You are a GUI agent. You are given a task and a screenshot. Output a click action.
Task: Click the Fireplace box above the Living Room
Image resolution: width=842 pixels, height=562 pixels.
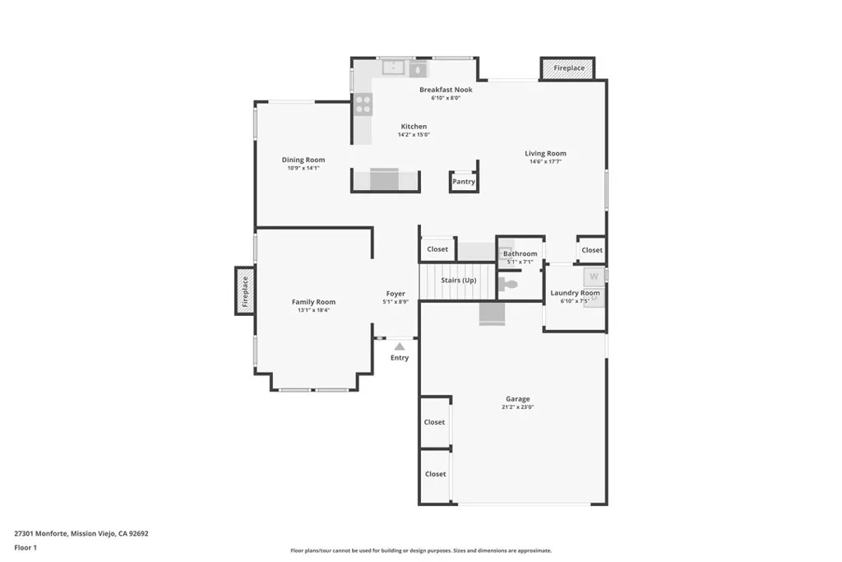pos(568,68)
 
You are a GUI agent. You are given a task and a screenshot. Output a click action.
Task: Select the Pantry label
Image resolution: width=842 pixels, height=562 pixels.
pos(464,182)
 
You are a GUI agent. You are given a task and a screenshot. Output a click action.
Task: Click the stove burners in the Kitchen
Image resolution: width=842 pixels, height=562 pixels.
pos(363,104)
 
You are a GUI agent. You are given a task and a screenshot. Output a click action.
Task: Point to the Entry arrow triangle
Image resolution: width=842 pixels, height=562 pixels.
pos(400,347)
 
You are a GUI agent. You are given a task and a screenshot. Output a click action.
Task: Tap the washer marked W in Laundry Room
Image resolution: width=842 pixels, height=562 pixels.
pos(593,276)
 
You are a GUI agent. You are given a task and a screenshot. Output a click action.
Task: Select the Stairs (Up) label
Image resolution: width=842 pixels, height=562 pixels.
pos(458,281)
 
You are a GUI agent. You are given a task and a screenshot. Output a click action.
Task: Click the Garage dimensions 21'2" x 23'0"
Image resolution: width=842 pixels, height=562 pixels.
pos(518,407)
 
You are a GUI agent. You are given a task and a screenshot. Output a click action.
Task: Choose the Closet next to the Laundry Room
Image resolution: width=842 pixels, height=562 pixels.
pos(592,250)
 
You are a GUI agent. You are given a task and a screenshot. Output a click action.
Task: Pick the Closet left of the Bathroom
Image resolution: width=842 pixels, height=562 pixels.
pos(437,249)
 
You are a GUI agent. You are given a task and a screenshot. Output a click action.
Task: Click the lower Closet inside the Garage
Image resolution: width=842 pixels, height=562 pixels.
pos(435,474)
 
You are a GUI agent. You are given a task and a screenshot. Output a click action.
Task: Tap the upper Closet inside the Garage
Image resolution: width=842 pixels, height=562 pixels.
pos(434,422)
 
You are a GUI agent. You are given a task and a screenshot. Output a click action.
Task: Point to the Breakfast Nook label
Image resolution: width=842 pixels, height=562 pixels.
pos(446,90)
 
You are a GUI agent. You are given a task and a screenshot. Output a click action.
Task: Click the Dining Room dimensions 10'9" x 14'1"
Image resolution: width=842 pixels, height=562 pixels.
pos(303,168)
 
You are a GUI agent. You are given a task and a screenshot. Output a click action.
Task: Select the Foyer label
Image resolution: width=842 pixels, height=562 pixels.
pos(396,294)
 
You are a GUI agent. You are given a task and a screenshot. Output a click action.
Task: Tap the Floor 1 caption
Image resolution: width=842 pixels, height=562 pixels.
pos(25,547)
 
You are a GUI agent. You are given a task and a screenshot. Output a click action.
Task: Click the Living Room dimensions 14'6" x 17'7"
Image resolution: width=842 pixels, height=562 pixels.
pos(546,161)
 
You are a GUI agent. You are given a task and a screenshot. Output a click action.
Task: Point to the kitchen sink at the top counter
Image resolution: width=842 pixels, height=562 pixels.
pos(394,67)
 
